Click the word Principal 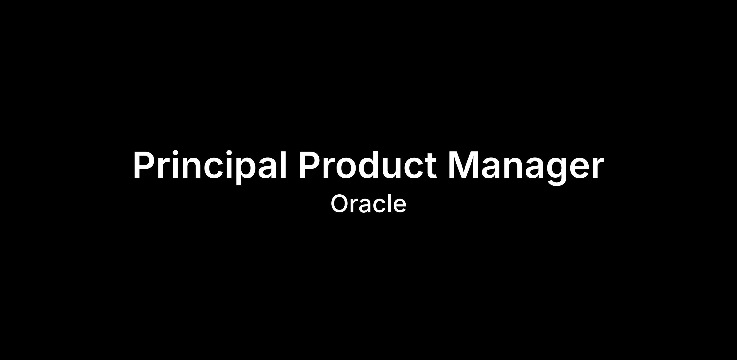pyautogui.click(x=210, y=166)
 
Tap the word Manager pyautogui.click(x=526, y=168)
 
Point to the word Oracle pyautogui.click(x=368, y=204)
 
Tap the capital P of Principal pyautogui.click(x=144, y=165)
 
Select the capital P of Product pyautogui.click(x=310, y=165)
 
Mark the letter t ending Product pyautogui.click(x=430, y=167)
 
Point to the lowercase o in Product pyautogui.click(x=340, y=169)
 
